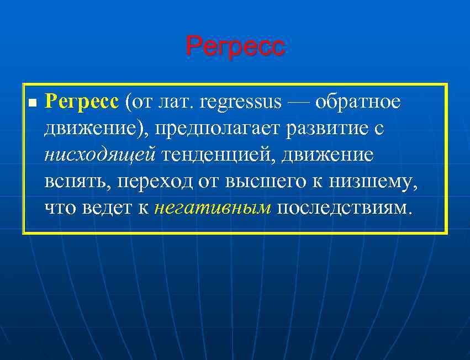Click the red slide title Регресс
(x=235, y=46)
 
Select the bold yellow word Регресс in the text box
(x=81, y=102)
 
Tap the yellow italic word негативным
(x=213, y=208)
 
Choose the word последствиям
(x=344, y=208)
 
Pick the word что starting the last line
(x=61, y=208)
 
